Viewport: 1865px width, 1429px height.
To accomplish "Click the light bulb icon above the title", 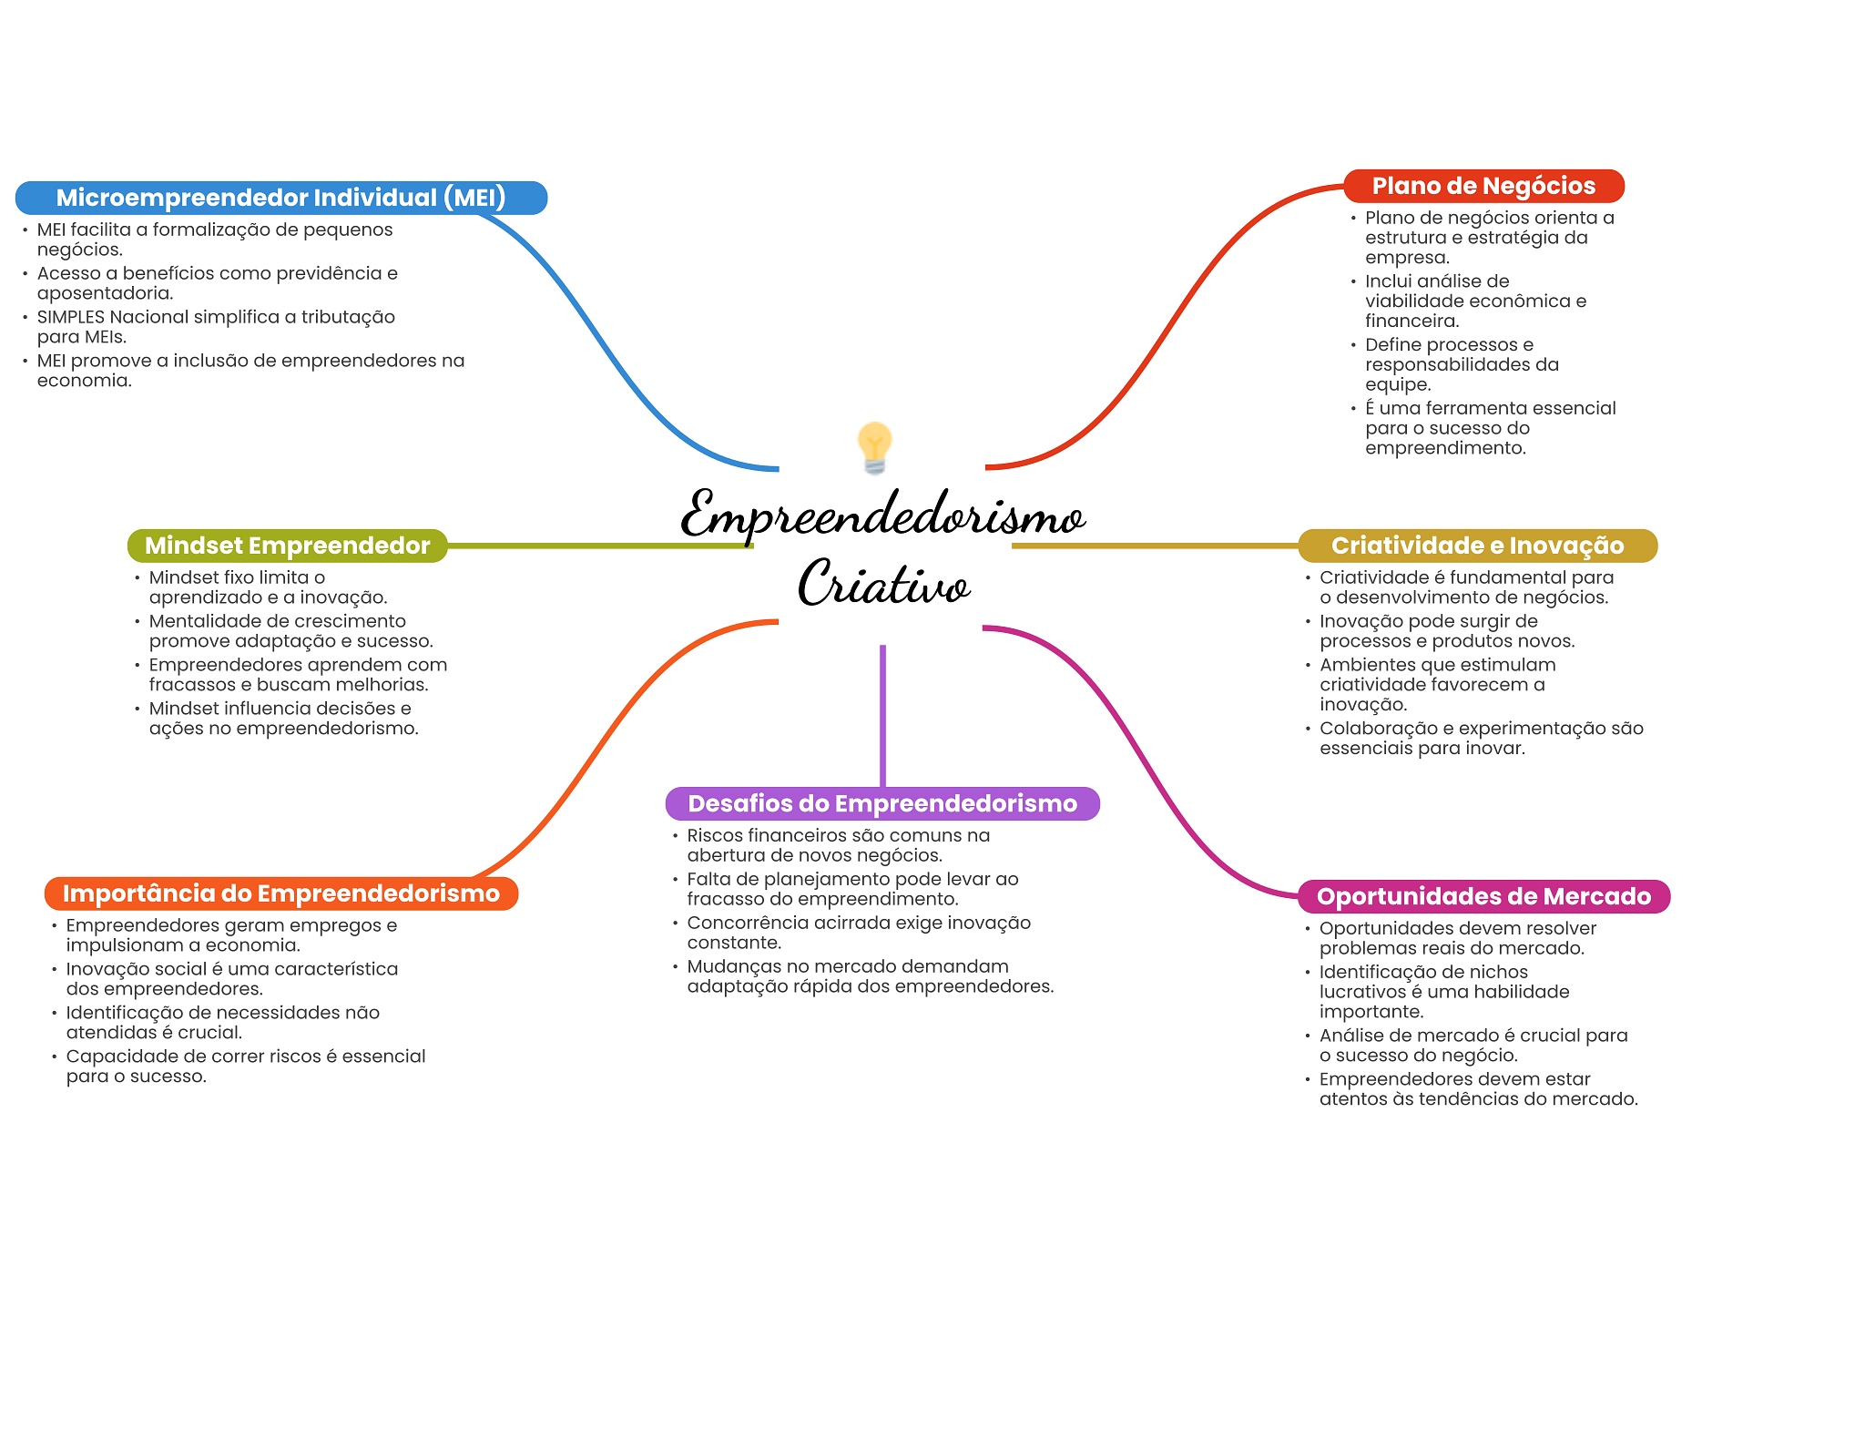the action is tap(874, 447).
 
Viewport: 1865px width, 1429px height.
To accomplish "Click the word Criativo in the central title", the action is tap(883, 584).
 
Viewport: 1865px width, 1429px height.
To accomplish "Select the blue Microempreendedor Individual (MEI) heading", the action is tap(280, 198).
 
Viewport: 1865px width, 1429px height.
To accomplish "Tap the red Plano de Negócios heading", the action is tap(1483, 186).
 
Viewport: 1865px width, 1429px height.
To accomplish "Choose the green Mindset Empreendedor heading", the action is tap(287, 546).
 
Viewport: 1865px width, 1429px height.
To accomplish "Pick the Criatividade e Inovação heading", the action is tap(1477, 546).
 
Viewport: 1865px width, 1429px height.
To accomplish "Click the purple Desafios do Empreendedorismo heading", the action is tap(882, 803).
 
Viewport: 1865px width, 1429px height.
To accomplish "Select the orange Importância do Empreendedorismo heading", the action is tap(280, 893).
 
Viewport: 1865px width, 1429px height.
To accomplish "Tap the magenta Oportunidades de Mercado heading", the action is tap(1483, 896).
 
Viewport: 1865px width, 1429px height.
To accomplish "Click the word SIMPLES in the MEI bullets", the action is tap(70, 317).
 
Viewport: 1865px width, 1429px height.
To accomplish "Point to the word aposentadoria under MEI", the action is tap(104, 293).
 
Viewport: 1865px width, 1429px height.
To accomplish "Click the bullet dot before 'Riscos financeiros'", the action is tap(676, 836).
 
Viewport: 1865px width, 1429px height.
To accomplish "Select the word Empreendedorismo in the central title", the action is tap(882, 515).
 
